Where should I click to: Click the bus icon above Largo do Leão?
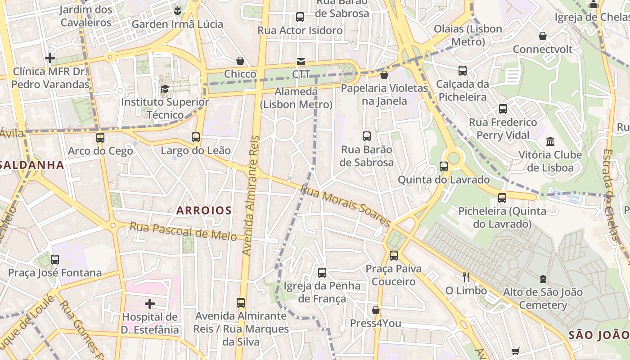coord(196,137)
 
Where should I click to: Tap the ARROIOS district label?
coord(204,210)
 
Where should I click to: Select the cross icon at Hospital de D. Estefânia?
coord(150,304)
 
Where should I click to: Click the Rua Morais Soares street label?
coord(346,206)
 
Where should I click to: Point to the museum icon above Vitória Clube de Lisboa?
coord(550,142)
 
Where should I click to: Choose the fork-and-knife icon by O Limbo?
coord(466,277)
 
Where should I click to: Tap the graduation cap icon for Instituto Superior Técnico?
coord(165,89)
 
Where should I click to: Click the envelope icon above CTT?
coord(301,61)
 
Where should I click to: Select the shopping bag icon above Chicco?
coord(240,61)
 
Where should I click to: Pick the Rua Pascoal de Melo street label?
coord(183,231)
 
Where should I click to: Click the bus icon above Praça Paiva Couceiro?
coord(394,256)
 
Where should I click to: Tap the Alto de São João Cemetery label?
coord(543,298)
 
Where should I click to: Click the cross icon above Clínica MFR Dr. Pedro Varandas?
coord(50,58)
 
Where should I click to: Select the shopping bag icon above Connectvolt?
coord(543,36)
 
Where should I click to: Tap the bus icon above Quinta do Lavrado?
coord(444,166)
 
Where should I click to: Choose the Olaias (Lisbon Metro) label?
coord(468,35)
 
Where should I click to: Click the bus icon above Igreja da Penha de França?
coord(322,272)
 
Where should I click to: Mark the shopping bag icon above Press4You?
coord(376,310)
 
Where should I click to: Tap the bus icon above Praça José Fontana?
coord(55,259)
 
